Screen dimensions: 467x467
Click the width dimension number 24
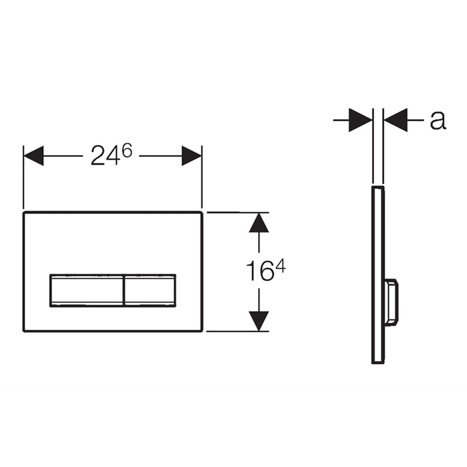[x=106, y=155]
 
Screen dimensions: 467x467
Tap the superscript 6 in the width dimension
[x=127, y=151]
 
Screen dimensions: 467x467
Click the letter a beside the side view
[x=438, y=120]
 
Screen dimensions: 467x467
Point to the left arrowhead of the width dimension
[x=34, y=156]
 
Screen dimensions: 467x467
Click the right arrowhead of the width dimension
[x=191, y=156]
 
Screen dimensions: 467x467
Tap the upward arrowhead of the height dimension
[x=259, y=222]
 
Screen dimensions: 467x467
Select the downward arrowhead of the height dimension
[x=259, y=321]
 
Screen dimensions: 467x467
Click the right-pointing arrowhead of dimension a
[x=361, y=120]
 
